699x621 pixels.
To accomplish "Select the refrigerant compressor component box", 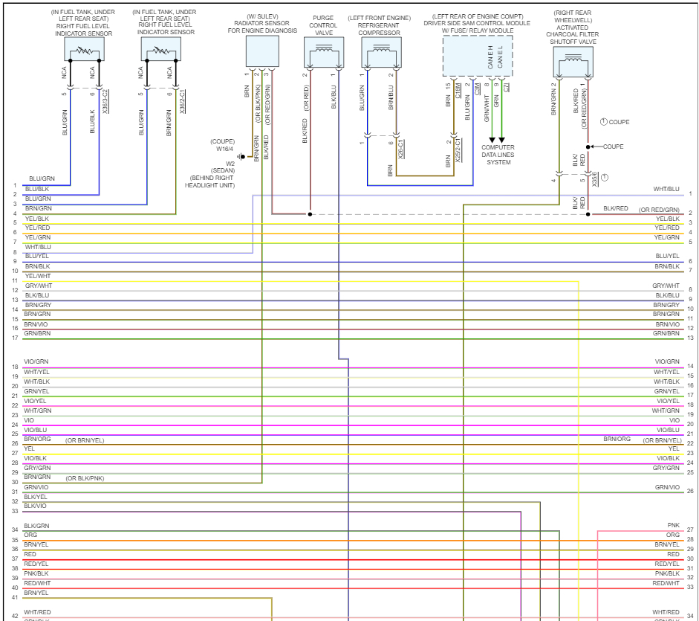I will coord(380,53).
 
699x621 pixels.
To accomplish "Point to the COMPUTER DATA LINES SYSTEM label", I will coord(498,155).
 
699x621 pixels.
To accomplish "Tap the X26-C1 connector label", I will coord(401,149).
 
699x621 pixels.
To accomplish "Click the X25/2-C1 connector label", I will coord(458,149).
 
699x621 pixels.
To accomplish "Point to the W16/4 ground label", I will coord(225,149).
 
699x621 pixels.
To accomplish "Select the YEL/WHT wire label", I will coord(37,276).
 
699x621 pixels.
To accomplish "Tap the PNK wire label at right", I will coord(673,526).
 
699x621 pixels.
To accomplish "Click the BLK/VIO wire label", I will coord(35,506).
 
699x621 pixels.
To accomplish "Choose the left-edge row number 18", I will coord(15,367).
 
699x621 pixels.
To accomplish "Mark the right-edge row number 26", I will coord(690,491).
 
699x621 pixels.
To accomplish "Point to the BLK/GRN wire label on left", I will coord(36,526).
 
